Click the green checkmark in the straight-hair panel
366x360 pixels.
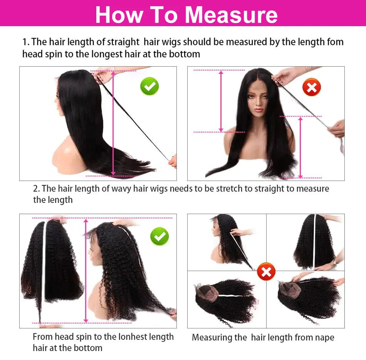149,86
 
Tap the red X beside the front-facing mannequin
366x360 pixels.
311,87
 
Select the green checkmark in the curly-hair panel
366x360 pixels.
159,236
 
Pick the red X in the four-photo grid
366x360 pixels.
266,271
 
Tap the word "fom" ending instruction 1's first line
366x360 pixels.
335,42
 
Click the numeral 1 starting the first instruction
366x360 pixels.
24,42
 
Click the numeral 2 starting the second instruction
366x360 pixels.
36,189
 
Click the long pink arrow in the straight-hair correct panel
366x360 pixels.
113,123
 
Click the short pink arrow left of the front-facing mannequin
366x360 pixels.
221,101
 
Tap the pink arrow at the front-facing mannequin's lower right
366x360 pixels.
301,147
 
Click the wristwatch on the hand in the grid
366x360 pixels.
334,262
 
